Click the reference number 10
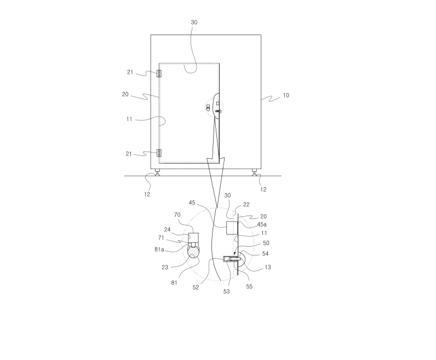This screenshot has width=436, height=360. [x=286, y=95]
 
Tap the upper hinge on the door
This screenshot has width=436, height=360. [x=159, y=74]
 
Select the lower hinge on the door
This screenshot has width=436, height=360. [x=159, y=153]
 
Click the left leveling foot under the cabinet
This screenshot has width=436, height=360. [x=157, y=172]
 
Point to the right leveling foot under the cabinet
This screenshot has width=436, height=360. [x=254, y=172]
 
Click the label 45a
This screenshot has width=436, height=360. [x=262, y=224]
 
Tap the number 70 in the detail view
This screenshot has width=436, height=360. [x=177, y=214]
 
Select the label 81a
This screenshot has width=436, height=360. [x=159, y=249]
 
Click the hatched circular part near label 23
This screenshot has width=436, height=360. [x=193, y=251]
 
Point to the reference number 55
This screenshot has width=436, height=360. [x=249, y=286]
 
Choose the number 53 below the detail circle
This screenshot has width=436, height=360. [x=227, y=291]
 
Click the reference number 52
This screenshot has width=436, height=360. [x=196, y=287]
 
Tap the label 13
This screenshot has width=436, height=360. [x=267, y=267]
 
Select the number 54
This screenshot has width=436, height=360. [x=265, y=253]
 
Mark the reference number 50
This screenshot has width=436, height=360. [x=266, y=243]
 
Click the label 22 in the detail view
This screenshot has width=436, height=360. [x=246, y=205]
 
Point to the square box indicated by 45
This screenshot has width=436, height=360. [x=232, y=228]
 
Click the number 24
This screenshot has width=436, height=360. [x=167, y=229]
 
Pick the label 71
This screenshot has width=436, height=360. [x=161, y=238]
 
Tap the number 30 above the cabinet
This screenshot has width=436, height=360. [x=194, y=22]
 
